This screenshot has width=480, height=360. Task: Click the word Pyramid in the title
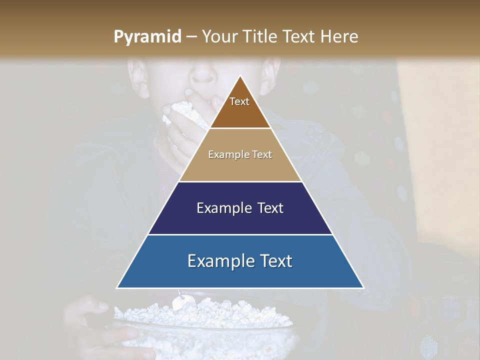147,37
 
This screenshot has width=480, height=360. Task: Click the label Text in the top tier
239,101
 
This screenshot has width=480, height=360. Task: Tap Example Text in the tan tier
240,154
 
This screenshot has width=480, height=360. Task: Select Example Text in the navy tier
240,208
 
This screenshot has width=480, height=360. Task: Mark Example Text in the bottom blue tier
240,261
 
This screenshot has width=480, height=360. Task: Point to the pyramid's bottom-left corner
117,287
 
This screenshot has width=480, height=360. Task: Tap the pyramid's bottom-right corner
363,287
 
